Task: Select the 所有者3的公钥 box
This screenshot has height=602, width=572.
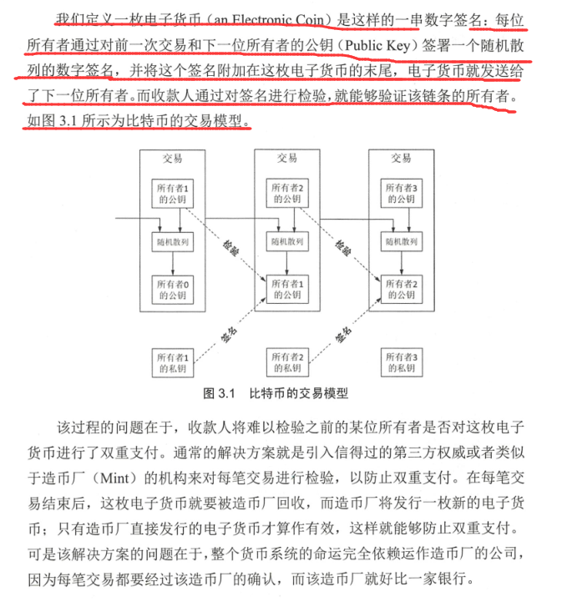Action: point(400,194)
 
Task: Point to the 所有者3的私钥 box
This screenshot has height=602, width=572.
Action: point(400,361)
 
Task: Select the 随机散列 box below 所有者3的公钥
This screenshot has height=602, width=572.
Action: point(400,242)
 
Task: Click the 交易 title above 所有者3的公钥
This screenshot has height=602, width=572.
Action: point(400,158)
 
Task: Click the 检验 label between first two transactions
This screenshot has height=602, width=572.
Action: point(230,246)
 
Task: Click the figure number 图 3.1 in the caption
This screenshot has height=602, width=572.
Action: point(222,392)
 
